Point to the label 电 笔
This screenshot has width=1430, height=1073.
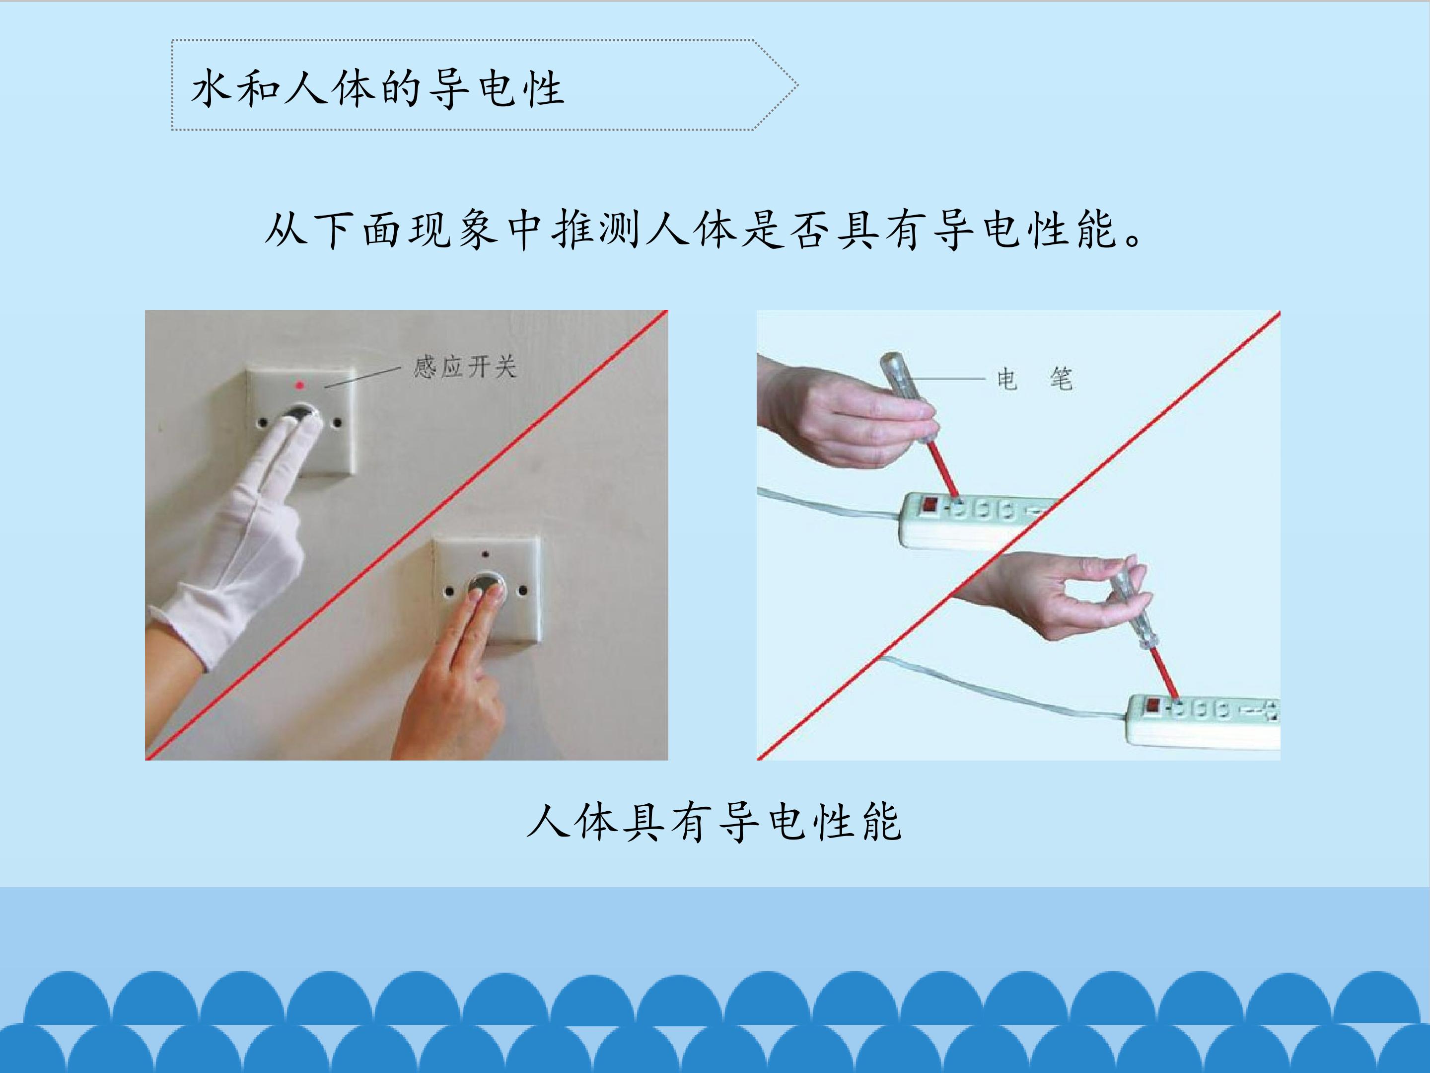tap(1035, 379)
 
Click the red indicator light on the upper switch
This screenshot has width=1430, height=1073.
tap(299, 385)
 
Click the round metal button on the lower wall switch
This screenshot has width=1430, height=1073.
tap(487, 585)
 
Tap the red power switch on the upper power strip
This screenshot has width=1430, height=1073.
tap(929, 505)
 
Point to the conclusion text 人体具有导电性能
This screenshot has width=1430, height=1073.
tap(715, 822)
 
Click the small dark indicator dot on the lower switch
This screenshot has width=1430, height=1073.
tap(486, 554)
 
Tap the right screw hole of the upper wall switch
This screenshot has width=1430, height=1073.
tap(336, 423)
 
